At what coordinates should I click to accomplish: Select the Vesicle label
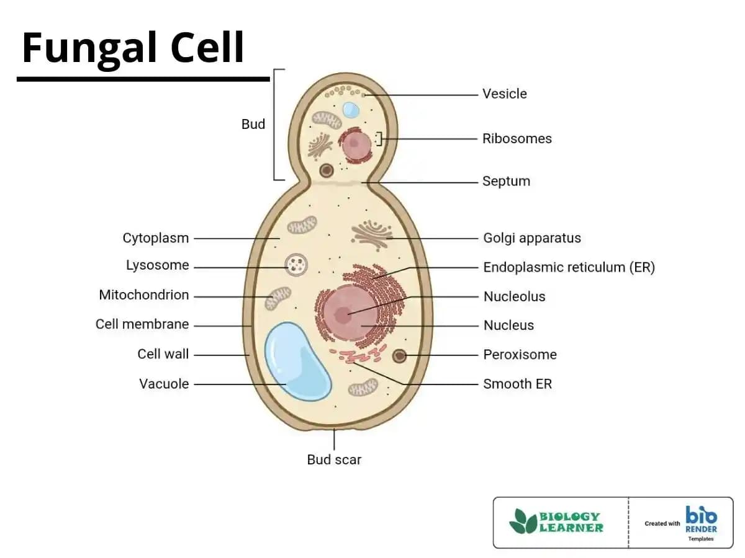504,94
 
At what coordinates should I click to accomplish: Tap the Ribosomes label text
517,139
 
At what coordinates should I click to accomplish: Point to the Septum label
506,182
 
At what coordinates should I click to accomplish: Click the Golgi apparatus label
531,238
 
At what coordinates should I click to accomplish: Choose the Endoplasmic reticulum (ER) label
569,268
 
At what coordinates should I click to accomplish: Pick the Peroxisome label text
520,355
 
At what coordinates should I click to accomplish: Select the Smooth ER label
517,384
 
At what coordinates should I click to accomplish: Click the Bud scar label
334,460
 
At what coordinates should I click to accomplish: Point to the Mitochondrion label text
144,295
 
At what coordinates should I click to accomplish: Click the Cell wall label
163,355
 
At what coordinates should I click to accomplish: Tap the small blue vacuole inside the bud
351,110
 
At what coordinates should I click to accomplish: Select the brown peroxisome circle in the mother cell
399,356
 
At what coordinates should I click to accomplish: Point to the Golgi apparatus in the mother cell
371,234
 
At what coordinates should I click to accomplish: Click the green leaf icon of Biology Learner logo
523,522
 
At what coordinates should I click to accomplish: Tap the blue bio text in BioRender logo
701,516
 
